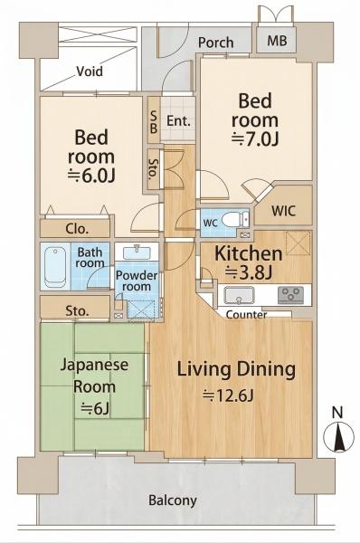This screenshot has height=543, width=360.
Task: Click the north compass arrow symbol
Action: coord(338,437)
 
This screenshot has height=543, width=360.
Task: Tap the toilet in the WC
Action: coord(232,219)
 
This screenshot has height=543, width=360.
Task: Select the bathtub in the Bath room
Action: coord(55,267)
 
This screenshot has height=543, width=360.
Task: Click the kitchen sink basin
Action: coord(239,295)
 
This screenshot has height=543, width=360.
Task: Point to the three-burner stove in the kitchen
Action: coord(290,295)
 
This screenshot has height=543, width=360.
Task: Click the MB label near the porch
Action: coord(278,42)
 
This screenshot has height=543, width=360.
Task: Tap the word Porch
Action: coord(215,43)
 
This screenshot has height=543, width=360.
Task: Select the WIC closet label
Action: coord(283,211)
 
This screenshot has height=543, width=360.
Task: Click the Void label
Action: coord(90,71)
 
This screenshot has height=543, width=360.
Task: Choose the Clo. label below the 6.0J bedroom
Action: coord(77,229)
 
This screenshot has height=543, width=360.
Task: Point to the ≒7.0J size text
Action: coord(255,139)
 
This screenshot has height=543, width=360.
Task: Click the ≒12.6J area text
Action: coord(229,395)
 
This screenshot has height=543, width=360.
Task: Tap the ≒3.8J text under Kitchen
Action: coord(248,272)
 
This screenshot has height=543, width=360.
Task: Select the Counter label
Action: coord(246,315)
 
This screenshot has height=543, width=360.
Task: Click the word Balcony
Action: coord(173,500)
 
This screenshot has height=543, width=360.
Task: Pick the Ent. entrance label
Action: coord(178,121)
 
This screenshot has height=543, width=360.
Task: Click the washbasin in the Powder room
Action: coord(137,252)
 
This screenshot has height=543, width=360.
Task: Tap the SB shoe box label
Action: coord(154,121)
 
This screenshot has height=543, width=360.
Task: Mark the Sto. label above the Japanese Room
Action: coord(77,310)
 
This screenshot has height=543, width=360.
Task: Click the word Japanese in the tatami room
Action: coord(94,366)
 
